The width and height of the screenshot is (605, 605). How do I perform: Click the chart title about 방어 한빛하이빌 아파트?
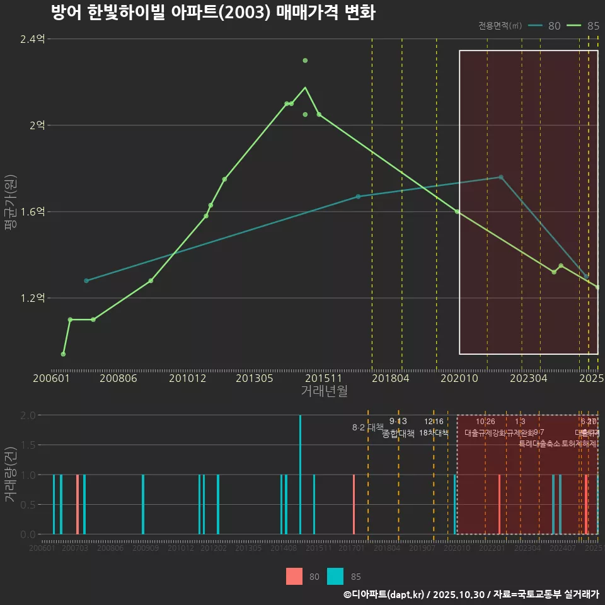tap(213, 13)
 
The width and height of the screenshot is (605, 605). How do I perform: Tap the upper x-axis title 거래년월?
tap(324, 391)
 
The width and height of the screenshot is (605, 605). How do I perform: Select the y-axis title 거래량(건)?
tap(10, 475)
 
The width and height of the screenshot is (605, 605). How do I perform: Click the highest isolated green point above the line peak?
tap(305, 60)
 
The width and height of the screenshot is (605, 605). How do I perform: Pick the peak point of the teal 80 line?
tap(501, 177)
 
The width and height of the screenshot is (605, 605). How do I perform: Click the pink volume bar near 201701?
tap(354, 504)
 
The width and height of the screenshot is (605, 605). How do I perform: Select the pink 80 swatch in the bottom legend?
tap(294, 577)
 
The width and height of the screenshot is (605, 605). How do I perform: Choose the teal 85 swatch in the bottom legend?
tap(336, 577)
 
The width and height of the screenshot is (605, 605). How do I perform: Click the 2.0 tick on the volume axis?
tap(28, 415)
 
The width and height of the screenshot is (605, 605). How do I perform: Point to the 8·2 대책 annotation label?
tap(367, 427)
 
